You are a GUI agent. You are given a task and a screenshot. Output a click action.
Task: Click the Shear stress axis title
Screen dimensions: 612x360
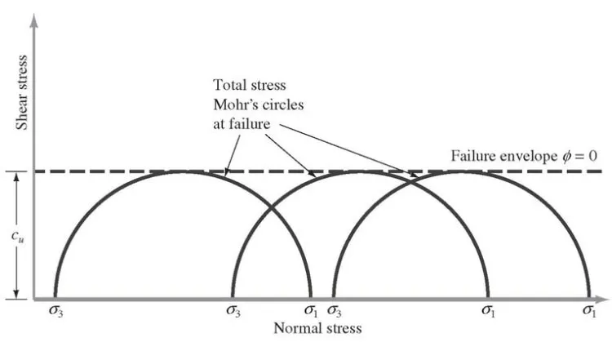tap(22, 92)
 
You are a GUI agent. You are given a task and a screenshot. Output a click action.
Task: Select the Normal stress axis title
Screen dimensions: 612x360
tap(317, 328)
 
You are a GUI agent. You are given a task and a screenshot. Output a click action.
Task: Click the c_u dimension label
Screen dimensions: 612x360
tap(17, 236)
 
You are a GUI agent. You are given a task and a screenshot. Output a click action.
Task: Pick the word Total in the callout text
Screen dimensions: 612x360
tap(230, 85)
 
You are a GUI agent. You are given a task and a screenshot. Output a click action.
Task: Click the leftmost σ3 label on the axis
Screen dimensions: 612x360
tap(55, 311)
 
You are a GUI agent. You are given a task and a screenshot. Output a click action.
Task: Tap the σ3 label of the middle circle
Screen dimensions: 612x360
tap(233, 311)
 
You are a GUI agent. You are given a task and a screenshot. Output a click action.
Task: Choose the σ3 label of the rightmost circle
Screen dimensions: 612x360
tap(335, 311)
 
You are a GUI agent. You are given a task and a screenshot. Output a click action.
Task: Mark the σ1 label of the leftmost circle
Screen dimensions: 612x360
tap(311, 311)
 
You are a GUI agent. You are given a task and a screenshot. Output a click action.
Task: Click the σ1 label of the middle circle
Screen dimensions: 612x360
tap(488, 311)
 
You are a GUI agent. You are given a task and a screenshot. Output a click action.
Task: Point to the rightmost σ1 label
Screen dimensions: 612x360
tap(589, 311)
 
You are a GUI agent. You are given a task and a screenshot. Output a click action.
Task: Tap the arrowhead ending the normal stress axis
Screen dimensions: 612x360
tap(603, 300)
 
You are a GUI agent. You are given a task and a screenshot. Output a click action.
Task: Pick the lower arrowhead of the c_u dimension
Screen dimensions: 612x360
tap(16, 293)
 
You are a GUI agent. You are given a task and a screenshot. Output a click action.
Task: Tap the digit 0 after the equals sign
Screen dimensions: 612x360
tap(592, 156)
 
